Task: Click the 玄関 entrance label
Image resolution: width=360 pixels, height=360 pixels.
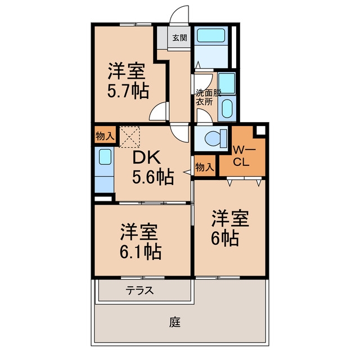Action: (x=179, y=38)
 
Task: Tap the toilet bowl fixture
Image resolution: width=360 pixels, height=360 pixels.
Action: (x=215, y=138)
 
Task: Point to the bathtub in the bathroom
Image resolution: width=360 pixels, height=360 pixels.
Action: (x=211, y=35)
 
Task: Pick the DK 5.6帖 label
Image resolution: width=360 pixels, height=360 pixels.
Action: (x=153, y=168)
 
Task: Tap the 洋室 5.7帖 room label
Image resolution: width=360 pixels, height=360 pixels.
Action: (x=128, y=80)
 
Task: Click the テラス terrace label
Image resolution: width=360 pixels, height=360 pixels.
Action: (x=139, y=290)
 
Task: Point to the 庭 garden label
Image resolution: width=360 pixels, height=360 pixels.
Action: (x=175, y=322)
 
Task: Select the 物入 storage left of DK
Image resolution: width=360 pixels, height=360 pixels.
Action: (x=105, y=136)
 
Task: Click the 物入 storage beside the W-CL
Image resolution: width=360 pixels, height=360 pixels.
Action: (x=205, y=167)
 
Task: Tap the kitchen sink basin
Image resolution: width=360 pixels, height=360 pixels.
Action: (x=105, y=157)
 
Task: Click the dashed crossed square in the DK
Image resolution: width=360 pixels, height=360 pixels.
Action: (x=130, y=137)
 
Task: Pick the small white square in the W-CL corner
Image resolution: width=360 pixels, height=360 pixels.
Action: (x=260, y=130)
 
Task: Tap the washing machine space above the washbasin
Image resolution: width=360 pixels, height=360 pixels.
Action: (x=227, y=83)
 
